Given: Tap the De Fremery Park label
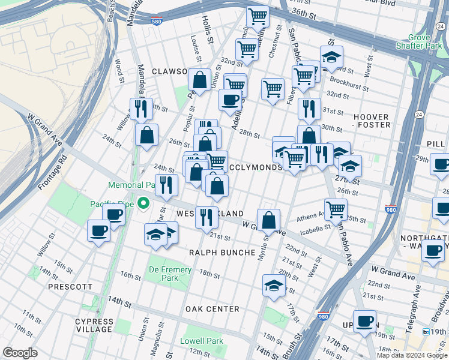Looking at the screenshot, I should point(170,274).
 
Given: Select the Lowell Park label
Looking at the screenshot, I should point(202,341).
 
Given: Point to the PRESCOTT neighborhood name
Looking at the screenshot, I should point(71,287).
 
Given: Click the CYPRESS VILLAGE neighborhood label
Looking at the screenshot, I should point(94,325).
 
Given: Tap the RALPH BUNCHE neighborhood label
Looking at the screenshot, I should point(222,253).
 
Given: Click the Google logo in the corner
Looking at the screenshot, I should point(20,353).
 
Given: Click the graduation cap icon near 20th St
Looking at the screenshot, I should point(273,285).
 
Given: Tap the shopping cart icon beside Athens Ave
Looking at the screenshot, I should point(336,209).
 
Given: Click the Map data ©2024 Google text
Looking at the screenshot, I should point(411,355).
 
